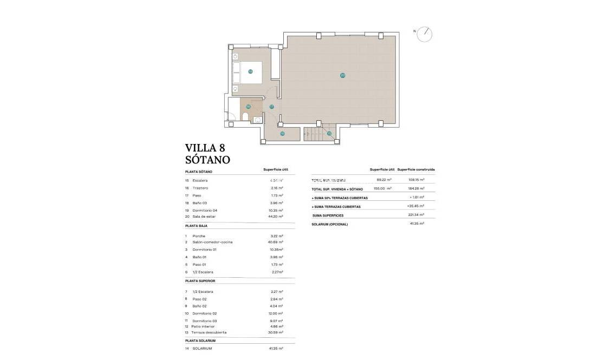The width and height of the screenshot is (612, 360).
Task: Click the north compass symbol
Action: [x=425, y=34]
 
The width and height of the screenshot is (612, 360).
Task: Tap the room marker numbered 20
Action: [x=342, y=75]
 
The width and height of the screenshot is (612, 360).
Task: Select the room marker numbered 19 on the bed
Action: [x=250, y=71]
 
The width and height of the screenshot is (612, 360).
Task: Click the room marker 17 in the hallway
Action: [x=272, y=107]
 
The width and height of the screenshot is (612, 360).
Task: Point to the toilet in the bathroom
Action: [x=245, y=117]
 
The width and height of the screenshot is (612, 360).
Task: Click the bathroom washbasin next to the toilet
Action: [x=257, y=120]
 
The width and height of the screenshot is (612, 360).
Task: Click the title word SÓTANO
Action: [x=207, y=160]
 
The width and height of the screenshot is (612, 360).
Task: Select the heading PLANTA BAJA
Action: [x=197, y=225]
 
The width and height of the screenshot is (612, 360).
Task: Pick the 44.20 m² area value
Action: [x=277, y=216]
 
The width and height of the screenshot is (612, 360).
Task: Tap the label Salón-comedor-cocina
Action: [x=212, y=242]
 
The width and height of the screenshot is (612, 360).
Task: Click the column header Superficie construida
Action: [x=416, y=169]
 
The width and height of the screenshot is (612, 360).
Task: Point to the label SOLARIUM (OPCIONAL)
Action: [x=330, y=224]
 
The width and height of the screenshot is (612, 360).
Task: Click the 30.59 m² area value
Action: [x=277, y=332]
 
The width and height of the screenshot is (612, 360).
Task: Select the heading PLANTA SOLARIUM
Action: [x=200, y=341]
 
